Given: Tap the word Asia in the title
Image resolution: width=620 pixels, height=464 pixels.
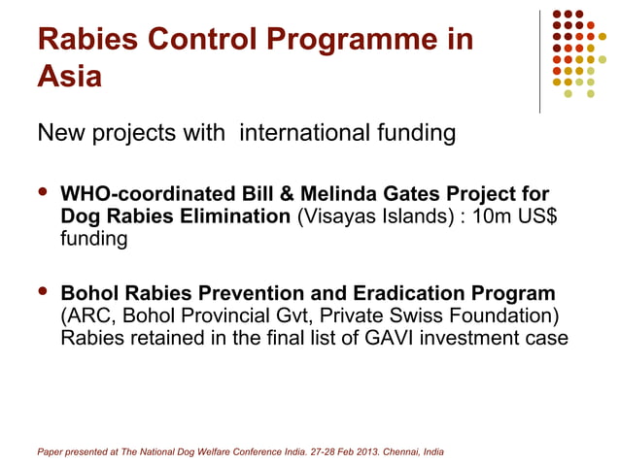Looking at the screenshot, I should [x=69, y=76].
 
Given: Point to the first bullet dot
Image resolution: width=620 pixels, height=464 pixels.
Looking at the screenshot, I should [x=42, y=194].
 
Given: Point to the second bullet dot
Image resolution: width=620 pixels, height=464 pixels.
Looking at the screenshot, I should [x=42, y=293].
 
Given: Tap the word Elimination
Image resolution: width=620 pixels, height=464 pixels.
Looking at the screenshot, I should [x=232, y=216].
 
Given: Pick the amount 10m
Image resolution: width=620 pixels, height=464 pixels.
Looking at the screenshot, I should [x=495, y=216].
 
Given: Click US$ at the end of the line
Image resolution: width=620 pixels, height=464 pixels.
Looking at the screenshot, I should [x=540, y=216].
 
